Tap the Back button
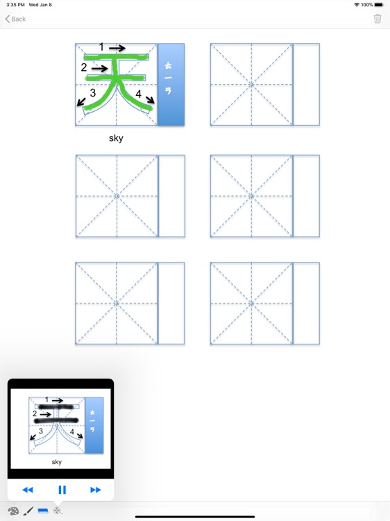(x=15, y=19)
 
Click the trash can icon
(x=378, y=19)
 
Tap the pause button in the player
(x=62, y=490)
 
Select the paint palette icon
(x=13, y=511)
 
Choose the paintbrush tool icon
(x=28, y=511)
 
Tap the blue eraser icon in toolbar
(x=43, y=511)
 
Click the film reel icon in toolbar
(x=58, y=511)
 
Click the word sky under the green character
(x=116, y=138)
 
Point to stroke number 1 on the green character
(x=101, y=47)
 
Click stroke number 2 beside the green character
(x=84, y=67)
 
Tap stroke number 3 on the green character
(x=92, y=93)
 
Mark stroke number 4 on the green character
(x=139, y=94)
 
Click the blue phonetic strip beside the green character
(x=171, y=84)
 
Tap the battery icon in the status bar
(x=379, y=5)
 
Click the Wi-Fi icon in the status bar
(x=357, y=5)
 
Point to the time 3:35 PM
(x=15, y=5)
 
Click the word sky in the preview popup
(x=57, y=462)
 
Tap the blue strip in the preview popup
(x=94, y=425)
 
